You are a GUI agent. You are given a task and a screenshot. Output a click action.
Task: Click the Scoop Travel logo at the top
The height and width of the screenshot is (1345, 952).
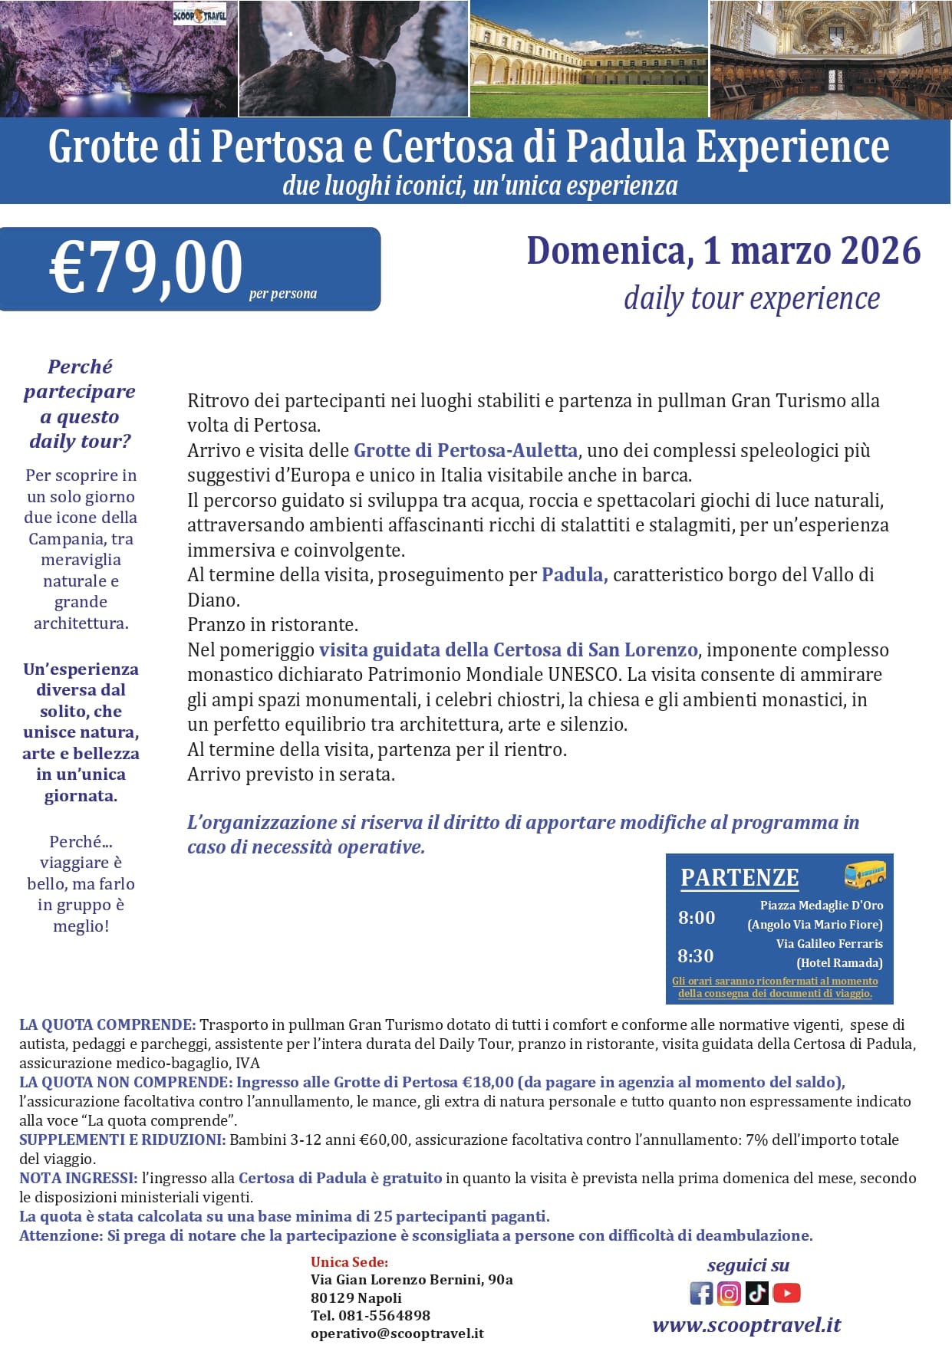(x=199, y=15)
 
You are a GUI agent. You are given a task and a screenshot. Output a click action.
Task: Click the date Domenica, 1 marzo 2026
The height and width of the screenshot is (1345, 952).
(x=723, y=251)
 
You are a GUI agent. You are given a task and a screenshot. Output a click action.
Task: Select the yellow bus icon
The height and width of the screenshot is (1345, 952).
(x=865, y=873)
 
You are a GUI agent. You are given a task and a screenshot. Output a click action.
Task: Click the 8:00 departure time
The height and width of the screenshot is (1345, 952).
(x=696, y=917)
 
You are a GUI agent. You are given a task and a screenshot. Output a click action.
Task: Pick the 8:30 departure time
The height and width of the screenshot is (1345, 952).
(x=695, y=955)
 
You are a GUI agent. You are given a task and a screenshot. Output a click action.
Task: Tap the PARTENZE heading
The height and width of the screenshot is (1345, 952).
(x=740, y=877)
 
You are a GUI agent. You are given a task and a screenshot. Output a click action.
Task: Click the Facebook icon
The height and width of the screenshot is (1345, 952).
(x=701, y=1293)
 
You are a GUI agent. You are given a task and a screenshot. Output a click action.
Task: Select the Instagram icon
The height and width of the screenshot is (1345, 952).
(x=729, y=1293)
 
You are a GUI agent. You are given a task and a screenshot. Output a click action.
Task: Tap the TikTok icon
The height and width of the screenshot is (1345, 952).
(x=756, y=1293)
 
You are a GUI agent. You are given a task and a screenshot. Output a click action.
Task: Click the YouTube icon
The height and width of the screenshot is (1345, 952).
(x=786, y=1293)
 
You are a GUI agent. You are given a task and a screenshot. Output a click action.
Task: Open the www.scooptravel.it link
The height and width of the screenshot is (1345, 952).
(x=746, y=1324)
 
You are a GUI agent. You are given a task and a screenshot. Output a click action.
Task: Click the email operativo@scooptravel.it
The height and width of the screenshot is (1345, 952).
(x=397, y=1333)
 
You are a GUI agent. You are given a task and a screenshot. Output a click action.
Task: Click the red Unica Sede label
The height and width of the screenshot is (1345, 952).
(x=349, y=1261)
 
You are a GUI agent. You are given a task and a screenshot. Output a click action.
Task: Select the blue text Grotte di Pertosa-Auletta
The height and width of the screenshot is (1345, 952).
(x=465, y=450)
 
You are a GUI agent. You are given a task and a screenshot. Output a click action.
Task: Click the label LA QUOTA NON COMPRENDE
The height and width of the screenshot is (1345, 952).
(x=125, y=1082)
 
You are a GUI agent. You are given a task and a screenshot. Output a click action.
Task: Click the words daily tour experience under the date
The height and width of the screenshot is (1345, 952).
(x=751, y=298)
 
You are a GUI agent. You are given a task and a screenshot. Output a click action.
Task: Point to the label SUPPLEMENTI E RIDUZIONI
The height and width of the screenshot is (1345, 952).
(x=122, y=1139)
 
